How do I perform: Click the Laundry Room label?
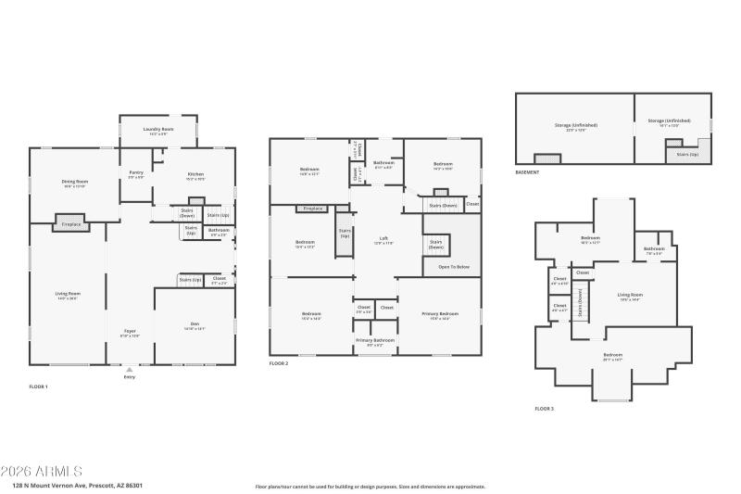pyautogui.click(x=158, y=130)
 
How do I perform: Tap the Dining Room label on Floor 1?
pyautogui.click(x=74, y=183)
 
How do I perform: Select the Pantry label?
pyautogui.click(x=135, y=173)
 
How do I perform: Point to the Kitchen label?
pyautogui.click(x=195, y=174)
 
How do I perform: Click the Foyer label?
pyautogui.click(x=131, y=332)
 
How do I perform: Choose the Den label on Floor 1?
pyautogui.click(x=195, y=324)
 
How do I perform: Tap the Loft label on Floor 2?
pyautogui.click(x=383, y=239)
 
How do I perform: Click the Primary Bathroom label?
pyautogui.click(x=375, y=341)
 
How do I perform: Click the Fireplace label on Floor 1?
pyautogui.click(x=71, y=224)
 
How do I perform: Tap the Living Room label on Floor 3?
pyautogui.click(x=630, y=297)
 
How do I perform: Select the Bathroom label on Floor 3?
pyautogui.click(x=654, y=249)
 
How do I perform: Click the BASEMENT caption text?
pyautogui.click(x=528, y=173)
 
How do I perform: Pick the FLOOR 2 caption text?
pyautogui.click(x=279, y=364)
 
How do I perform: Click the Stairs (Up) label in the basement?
pyautogui.click(x=687, y=155)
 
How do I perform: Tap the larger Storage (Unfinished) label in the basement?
pyautogui.click(x=576, y=125)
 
